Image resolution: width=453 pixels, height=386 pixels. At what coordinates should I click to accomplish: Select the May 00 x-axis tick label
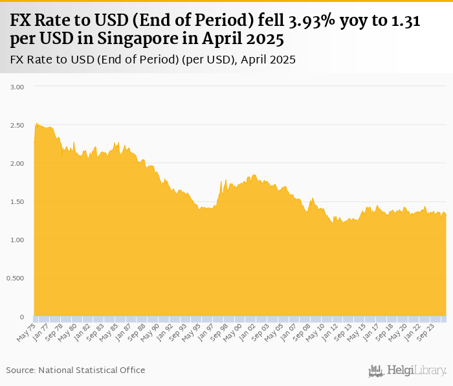point(234,331)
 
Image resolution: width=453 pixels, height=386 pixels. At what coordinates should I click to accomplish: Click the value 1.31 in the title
point(406,21)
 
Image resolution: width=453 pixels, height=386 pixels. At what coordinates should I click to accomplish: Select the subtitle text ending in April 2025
point(153,60)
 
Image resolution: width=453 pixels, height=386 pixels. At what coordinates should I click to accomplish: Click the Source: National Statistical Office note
point(76,370)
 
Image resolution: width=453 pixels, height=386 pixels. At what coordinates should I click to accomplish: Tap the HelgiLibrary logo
point(407,370)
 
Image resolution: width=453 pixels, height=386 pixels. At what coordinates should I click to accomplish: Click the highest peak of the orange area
point(36,122)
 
